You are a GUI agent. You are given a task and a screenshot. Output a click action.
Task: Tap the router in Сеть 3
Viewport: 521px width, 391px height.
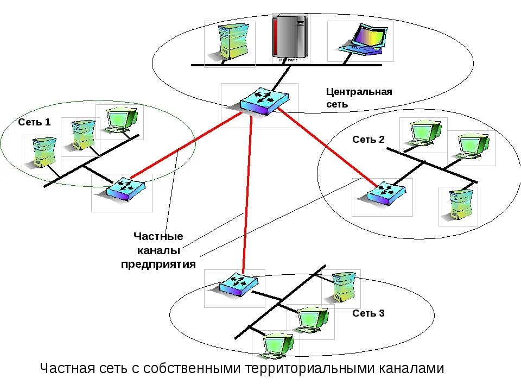[x=237, y=283]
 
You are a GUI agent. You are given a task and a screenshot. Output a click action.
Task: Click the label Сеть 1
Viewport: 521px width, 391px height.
[x=34, y=122]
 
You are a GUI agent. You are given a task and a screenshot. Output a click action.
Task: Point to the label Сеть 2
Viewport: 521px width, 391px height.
[x=368, y=140]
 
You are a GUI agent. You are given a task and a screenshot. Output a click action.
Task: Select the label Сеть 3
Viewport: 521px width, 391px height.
[x=368, y=313]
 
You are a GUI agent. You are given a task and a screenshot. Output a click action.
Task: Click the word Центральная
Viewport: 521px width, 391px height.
[x=359, y=91]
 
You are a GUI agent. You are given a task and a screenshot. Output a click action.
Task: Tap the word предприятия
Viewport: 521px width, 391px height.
[x=158, y=264]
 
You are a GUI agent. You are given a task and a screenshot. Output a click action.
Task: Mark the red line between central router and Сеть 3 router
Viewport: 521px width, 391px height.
[x=247, y=195]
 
